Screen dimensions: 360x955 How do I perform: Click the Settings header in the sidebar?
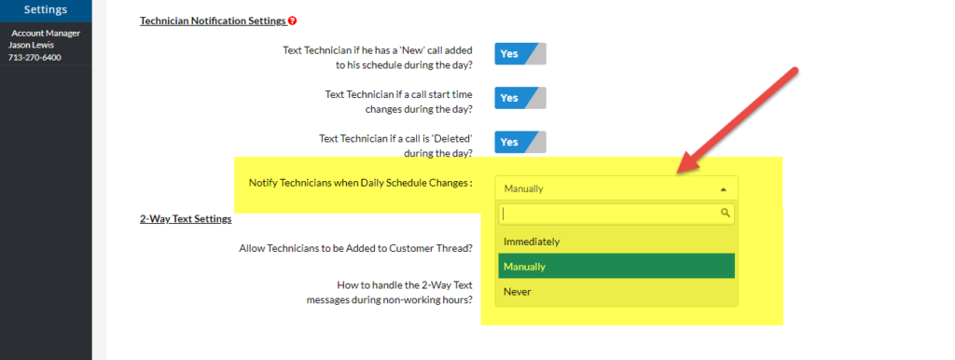pos(46,10)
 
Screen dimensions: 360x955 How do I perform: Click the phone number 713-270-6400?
pos(35,57)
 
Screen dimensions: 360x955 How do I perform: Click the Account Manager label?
pos(46,34)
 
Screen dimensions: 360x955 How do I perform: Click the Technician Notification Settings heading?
pos(213,21)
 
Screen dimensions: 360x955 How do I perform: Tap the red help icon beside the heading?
pos(292,21)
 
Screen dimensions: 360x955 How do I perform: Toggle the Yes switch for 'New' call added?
pos(519,54)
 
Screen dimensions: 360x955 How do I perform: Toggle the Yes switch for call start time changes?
pos(519,98)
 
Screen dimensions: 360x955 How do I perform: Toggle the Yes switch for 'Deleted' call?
pos(519,142)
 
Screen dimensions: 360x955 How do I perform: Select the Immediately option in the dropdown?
pos(532,242)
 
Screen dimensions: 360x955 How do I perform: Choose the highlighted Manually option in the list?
pos(524,267)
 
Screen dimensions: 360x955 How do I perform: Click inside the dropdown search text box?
pos(606,214)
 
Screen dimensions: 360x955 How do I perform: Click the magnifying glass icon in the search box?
pos(726,214)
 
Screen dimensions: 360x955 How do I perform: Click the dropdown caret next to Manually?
pos(724,188)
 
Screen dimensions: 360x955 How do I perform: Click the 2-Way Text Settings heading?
pos(186,219)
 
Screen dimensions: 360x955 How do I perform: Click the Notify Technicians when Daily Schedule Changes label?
pos(360,183)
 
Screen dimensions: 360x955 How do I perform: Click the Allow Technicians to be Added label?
pos(355,248)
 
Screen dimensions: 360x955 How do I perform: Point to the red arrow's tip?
pos(678,173)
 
